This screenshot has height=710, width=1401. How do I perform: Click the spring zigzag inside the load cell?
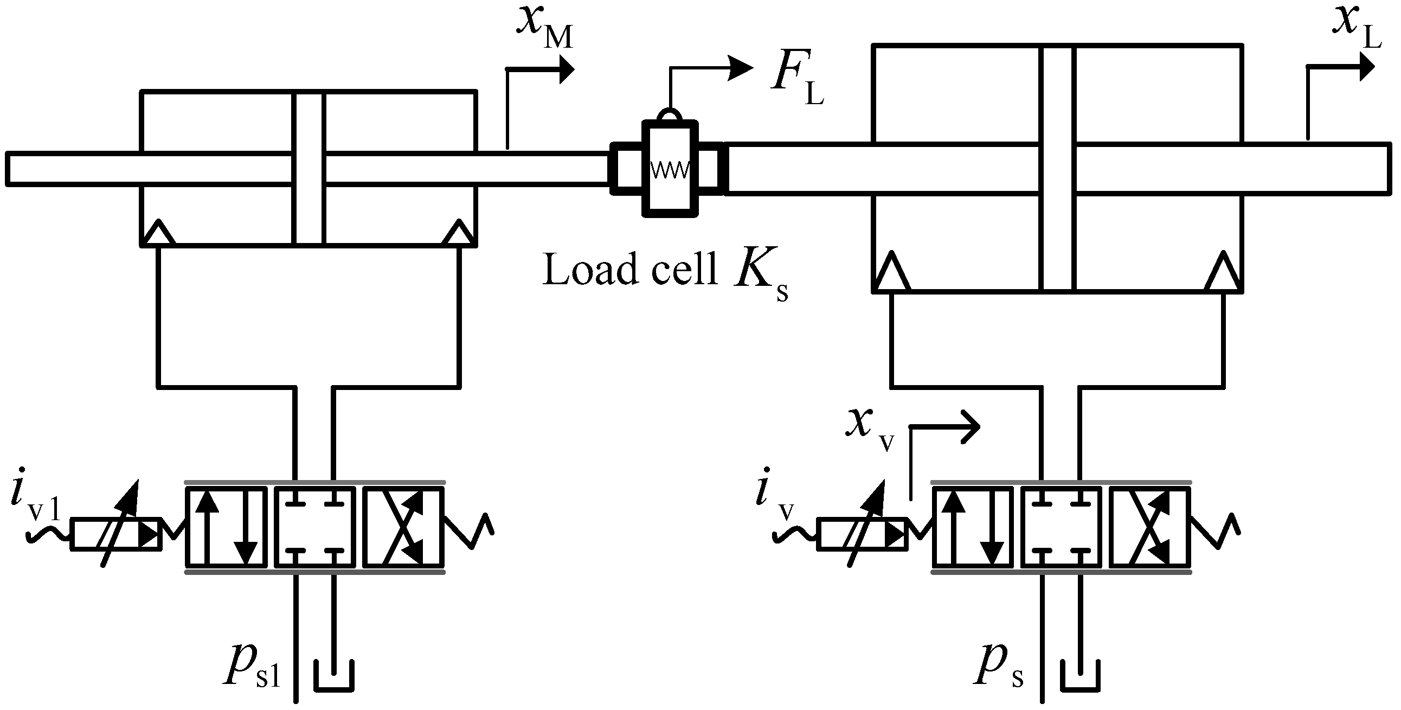[670, 170]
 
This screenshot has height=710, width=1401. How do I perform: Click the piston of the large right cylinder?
[1057, 169]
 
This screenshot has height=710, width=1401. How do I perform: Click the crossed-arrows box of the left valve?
[403, 527]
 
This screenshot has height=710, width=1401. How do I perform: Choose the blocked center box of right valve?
[1061, 527]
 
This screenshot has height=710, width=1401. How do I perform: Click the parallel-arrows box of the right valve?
[973, 527]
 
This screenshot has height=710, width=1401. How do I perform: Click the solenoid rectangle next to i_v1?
[116, 534]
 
